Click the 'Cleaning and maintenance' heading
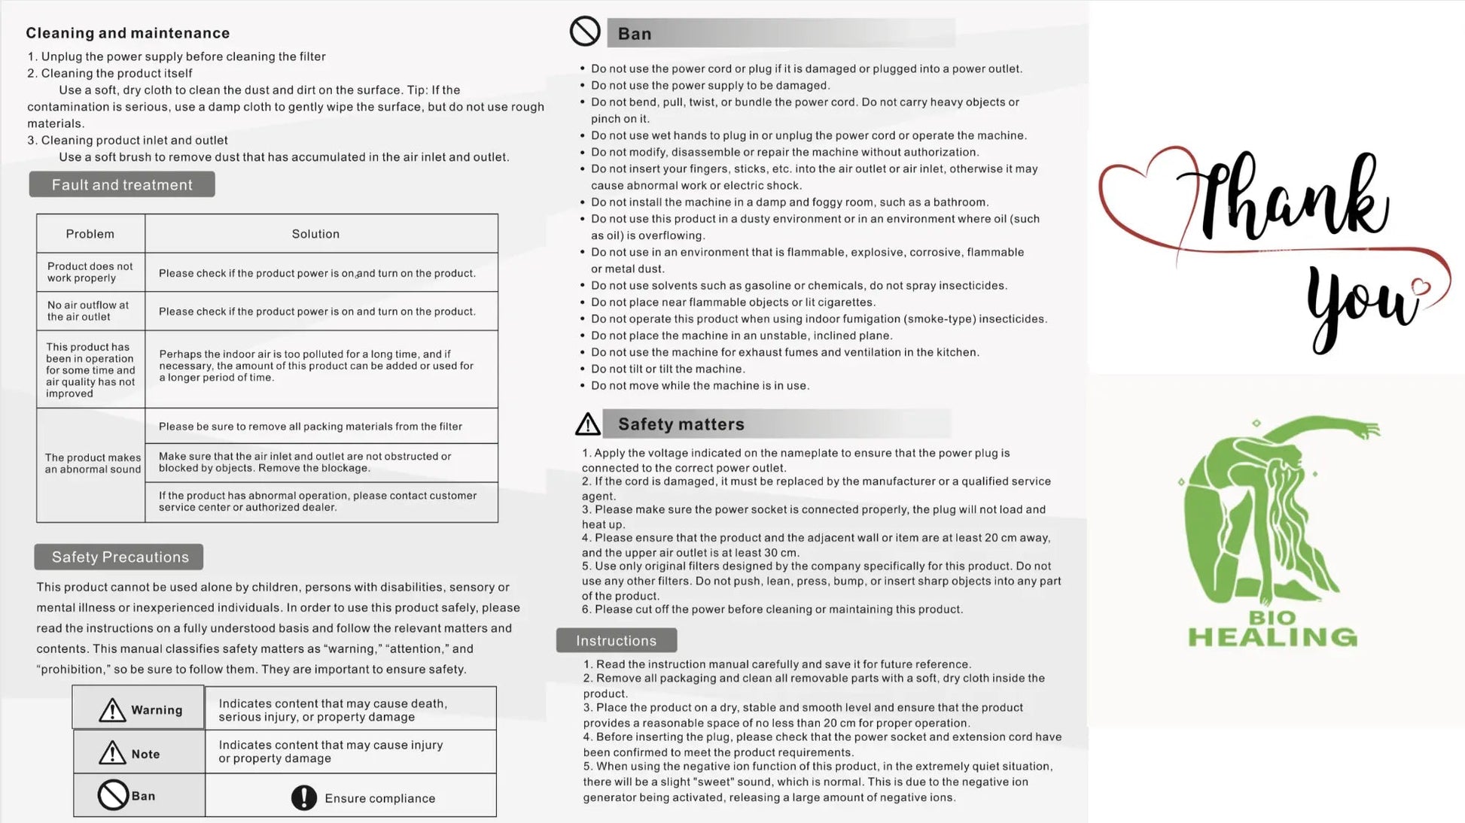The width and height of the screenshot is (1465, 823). [127, 33]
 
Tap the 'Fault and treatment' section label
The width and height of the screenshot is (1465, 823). [122, 185]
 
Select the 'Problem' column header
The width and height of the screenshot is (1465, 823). [90, 234]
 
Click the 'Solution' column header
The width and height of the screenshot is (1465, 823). [315, 234]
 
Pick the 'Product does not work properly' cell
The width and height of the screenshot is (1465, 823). [90, 272]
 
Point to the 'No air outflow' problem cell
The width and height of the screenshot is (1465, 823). [88, 311]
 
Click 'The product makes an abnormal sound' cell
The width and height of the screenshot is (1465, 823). [93, 463]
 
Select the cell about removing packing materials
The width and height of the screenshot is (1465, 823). [310, 427]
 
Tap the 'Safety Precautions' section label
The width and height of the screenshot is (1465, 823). [120, 557]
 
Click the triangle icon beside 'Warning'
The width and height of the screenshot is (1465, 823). [112, 709]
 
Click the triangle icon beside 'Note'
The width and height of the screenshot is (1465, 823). [112, 752]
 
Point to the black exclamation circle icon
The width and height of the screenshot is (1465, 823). [304, 798]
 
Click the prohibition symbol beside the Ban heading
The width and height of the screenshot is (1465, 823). [585, 32]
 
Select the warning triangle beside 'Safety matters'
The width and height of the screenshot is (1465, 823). [588, 424]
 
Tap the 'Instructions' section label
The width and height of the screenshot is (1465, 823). [616, 641]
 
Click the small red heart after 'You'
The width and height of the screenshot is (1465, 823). [1421, 287]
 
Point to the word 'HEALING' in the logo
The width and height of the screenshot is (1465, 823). [1272, 638]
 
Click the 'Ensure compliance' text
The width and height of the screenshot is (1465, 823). [379, 799]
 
